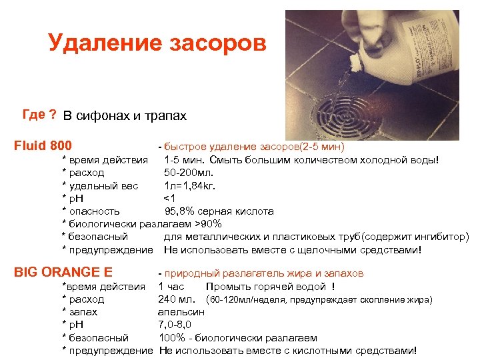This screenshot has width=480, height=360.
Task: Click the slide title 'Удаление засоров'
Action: (x=157, y=44)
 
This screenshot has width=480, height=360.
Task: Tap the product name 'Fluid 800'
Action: (x=43, y=145)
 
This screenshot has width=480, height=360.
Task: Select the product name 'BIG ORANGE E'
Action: (x=63, y=272)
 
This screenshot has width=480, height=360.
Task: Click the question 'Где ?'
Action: (x=39, y=115)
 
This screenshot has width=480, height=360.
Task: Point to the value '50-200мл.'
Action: (x=189, y=173)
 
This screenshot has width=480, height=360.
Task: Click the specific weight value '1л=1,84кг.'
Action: (x=190, y=185)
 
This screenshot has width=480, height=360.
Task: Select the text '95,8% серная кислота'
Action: (x=219, y=211)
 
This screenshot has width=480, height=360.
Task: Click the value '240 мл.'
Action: (x=175, y=299)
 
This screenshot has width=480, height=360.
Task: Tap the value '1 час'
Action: (x=171, y=287)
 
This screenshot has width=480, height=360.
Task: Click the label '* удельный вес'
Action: (x=99, y=185)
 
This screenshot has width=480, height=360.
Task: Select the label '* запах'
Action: (x=79, y=312)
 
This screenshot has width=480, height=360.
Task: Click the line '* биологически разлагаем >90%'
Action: (x=141, y=223)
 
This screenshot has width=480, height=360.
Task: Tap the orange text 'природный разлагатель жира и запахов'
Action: (x=263, y=273)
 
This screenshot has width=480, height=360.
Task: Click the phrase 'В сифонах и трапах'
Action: (x=125, y=116)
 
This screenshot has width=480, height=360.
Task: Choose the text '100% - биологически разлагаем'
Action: (x=238, y=337)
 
